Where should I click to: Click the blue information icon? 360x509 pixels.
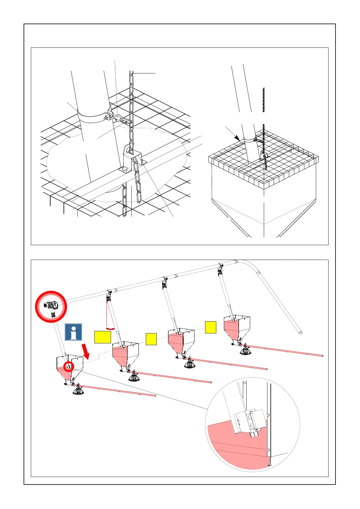click(x=73, y=332)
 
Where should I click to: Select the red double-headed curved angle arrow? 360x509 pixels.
click(x=110, y=328)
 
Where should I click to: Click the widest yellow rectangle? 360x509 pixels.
click(x=103, y=337)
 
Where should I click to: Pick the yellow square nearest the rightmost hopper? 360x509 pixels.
click(x=211, y=327)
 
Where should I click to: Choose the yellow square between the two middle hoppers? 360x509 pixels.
click(x=151, y=339)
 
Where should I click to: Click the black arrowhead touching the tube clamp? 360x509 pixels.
click(x=237, y=139)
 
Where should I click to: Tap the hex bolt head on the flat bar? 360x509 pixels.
click(x=124, y=169)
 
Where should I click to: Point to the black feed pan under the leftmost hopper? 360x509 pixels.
click(x=78, y=391)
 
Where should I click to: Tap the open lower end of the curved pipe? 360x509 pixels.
click(x=300, y=333)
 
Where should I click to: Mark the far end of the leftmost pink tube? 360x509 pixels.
click(x=155, y=395)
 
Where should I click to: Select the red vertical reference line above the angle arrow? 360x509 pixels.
click(x=107, y=314)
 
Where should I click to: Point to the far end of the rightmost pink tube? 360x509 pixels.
click(x=322, y=356)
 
